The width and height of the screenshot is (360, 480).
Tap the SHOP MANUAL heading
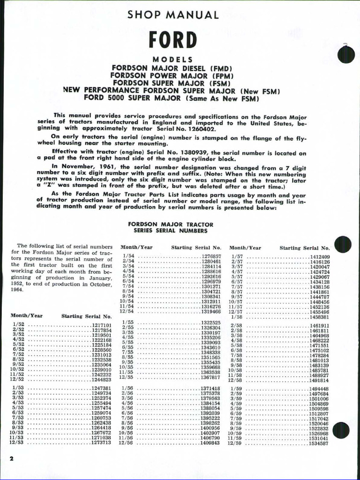click(x=173, y=15)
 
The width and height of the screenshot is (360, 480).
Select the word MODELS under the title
click(x=172, y=60)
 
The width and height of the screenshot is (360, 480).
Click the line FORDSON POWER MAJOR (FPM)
click(x=172, y=75)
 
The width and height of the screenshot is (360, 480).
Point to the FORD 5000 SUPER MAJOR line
click(x=172, y=98)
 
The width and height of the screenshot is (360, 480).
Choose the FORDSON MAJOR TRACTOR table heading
click(x=171, y=225)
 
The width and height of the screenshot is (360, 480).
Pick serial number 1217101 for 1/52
click(x=101, y=325)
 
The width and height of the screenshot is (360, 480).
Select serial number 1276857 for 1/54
click(x=211, y=257)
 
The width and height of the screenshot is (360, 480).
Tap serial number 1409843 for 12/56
click(x=210, y=442)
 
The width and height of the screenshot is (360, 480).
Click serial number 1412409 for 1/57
click(x=319, y=257)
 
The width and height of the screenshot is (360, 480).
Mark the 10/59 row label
click(x=235, y=433)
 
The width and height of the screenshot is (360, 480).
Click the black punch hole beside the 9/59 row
click(x=341, y=430)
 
